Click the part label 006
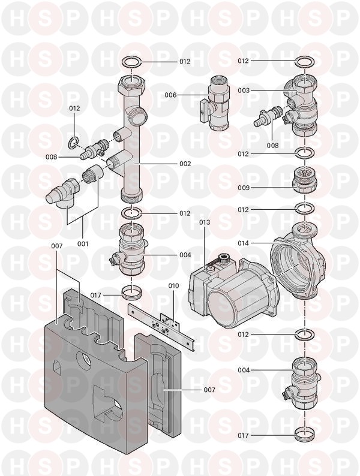[170, 95]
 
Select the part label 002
[185, 164]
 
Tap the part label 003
[244, 91]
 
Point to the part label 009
[244, 188]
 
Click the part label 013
[205, 222]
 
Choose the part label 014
[244, 243]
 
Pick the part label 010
[173, 286]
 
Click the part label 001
[83, 244]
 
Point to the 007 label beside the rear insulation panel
[209, 390]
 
